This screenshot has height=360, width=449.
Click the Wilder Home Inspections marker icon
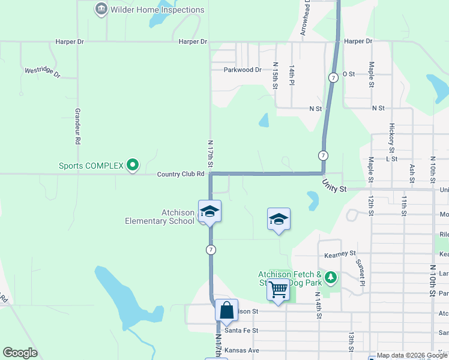click(x=101, y=10)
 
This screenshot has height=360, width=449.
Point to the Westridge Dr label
click(x=43, y=72)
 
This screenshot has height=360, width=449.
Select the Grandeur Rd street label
click(x=77, y=126)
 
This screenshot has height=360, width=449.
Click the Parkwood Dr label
click(x=243, y=70)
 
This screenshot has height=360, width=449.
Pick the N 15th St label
click(x=276, y=76)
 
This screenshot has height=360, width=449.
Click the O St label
click(x=349, y=74)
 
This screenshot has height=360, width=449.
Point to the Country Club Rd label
click(x=181, y=174)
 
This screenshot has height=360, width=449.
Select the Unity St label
click(x=334, y=186)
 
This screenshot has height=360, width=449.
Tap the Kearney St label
click(x=340, y=254)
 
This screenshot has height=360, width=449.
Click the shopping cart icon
click(x=278, y=290)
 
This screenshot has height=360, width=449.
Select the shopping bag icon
click(x=227, y=311)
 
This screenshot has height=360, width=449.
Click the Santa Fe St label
click(x=241, y=330)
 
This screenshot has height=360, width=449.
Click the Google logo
click(x=20, y=353)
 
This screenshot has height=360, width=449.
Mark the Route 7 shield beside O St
click(x=333, y=78)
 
